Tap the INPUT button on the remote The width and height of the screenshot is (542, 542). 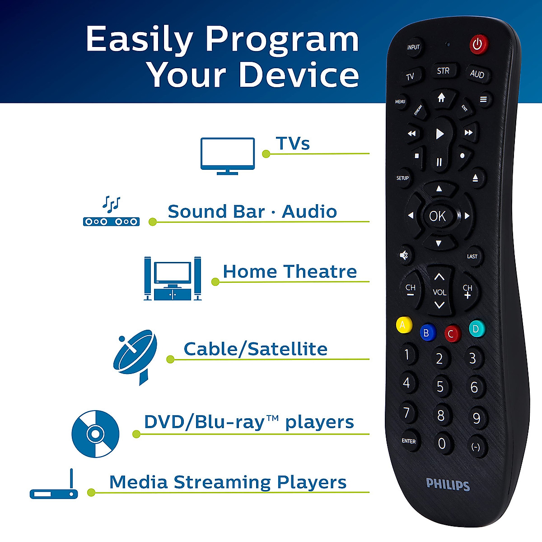coord(413,47)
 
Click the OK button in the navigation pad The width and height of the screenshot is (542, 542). coord(437,216)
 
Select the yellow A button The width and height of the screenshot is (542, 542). coord(403,325)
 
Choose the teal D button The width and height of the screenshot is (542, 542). coord(476,329)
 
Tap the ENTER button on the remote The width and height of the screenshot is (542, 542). coord(409,441)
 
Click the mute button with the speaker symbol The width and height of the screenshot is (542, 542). coord(404,256)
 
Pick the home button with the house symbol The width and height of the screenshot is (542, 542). coord(441,98)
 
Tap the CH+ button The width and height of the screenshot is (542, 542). coord(467,291)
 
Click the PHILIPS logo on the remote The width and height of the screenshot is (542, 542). coord(448,485)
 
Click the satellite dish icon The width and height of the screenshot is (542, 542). coord(135,356)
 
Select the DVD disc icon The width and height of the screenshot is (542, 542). coord(95,434)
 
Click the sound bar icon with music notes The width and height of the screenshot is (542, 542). coord(111,212)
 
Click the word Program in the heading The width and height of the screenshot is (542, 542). coord(282,39)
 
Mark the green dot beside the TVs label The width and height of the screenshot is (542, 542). coord(266,154)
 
